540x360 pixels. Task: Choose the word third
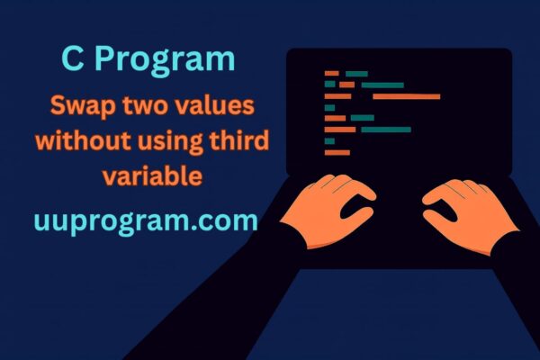coord(241,142)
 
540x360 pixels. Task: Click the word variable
coord(151,175)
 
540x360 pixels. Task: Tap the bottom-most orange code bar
coord(337,152)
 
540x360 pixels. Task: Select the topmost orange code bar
coord(331,73)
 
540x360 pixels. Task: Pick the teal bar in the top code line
coord(357,73)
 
